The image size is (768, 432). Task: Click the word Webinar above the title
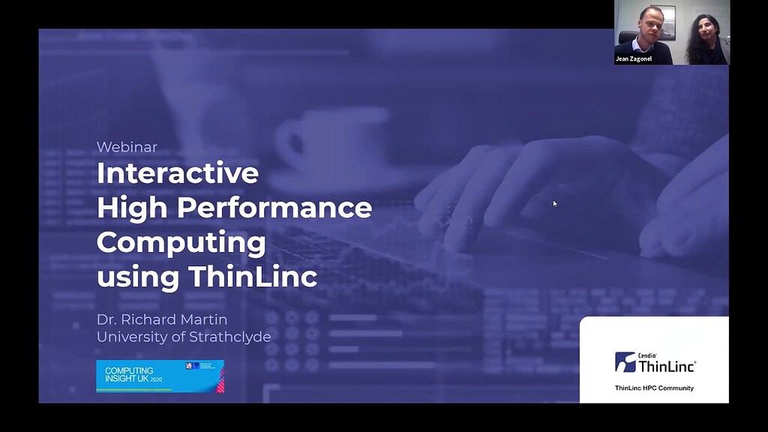point(127,147)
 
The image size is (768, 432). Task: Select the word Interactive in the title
point(178,173)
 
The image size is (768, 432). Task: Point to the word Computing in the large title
point(181,242)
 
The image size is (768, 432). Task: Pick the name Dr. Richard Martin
point(161,319)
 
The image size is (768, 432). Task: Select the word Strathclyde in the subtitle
point(228,337)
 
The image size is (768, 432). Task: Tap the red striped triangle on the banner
point(220,382)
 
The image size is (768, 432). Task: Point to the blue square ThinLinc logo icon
point(625,362)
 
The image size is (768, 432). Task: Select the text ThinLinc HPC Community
point(654,388)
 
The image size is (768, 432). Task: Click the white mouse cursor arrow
point(555,203)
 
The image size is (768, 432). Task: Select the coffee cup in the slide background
point(330,142)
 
